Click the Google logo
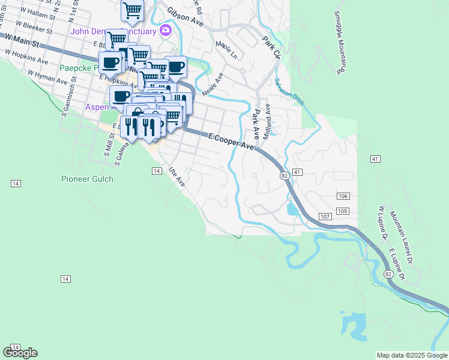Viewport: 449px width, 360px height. coord(20,353)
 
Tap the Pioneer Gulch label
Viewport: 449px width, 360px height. coord(87,179)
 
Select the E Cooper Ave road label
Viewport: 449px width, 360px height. coord(232,142)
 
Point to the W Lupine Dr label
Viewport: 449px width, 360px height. coord(381,223)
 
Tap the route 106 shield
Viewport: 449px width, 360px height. coord(343,197)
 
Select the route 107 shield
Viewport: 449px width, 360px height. coord(325,216)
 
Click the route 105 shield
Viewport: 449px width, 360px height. coord(343,211)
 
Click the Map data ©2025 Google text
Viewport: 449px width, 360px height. coord(411,355)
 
